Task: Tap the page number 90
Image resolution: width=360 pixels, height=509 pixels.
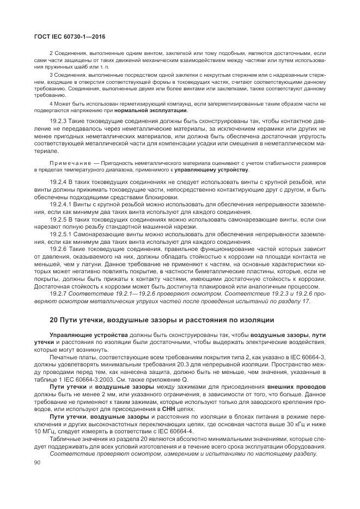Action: pyautogui.click(x=38, y=462)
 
